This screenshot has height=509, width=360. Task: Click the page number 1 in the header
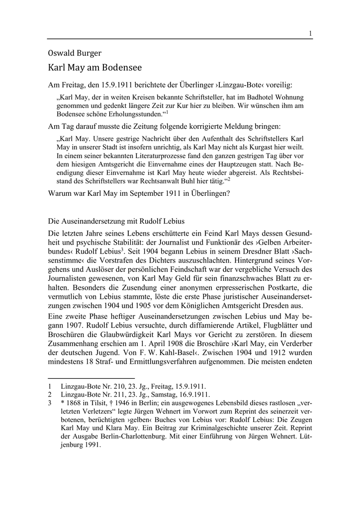pos(310,33)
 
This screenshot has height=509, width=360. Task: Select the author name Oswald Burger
pos(74,53)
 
